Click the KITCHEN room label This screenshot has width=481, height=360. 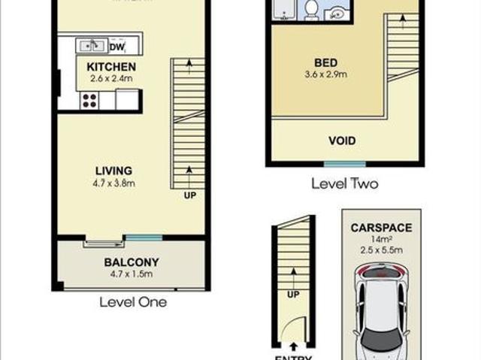click(111, 67)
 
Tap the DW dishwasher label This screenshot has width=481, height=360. click(117, 47)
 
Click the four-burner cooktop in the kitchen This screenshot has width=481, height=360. click(89, 100)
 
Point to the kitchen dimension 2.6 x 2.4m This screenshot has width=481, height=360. click(111, 78)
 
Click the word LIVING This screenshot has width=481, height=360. click(113, 171)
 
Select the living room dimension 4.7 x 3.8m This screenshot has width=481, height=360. click(113, 183)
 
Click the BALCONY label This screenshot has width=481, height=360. click(132, 262)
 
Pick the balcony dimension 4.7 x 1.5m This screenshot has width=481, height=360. click(132, 274)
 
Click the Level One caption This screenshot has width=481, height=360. click(132, 302)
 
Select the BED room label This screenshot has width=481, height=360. click(325, 62)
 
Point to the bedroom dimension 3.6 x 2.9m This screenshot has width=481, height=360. click(325, 74)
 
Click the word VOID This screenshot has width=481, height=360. click(342, 141)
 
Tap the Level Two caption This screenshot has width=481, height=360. click(345, 183)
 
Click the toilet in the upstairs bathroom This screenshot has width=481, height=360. click(311, 10)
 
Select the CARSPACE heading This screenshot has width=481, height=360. click(381, 228)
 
